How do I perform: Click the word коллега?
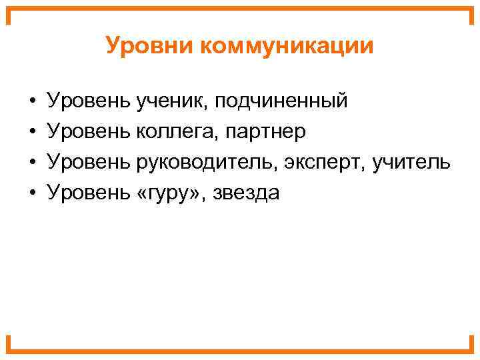pyautogui.click(x=175, y=132)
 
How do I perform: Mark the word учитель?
pyautogui.click(x=411, y=162)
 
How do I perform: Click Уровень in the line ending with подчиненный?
pyautogui.click(x=89, y=102)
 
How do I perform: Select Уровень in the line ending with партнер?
pyautogui.click(x=89, y=132)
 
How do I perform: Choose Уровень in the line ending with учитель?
pyautogui.click(x=89, y=162)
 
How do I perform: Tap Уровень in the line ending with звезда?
pyautogui.click(x=89, y=193)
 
